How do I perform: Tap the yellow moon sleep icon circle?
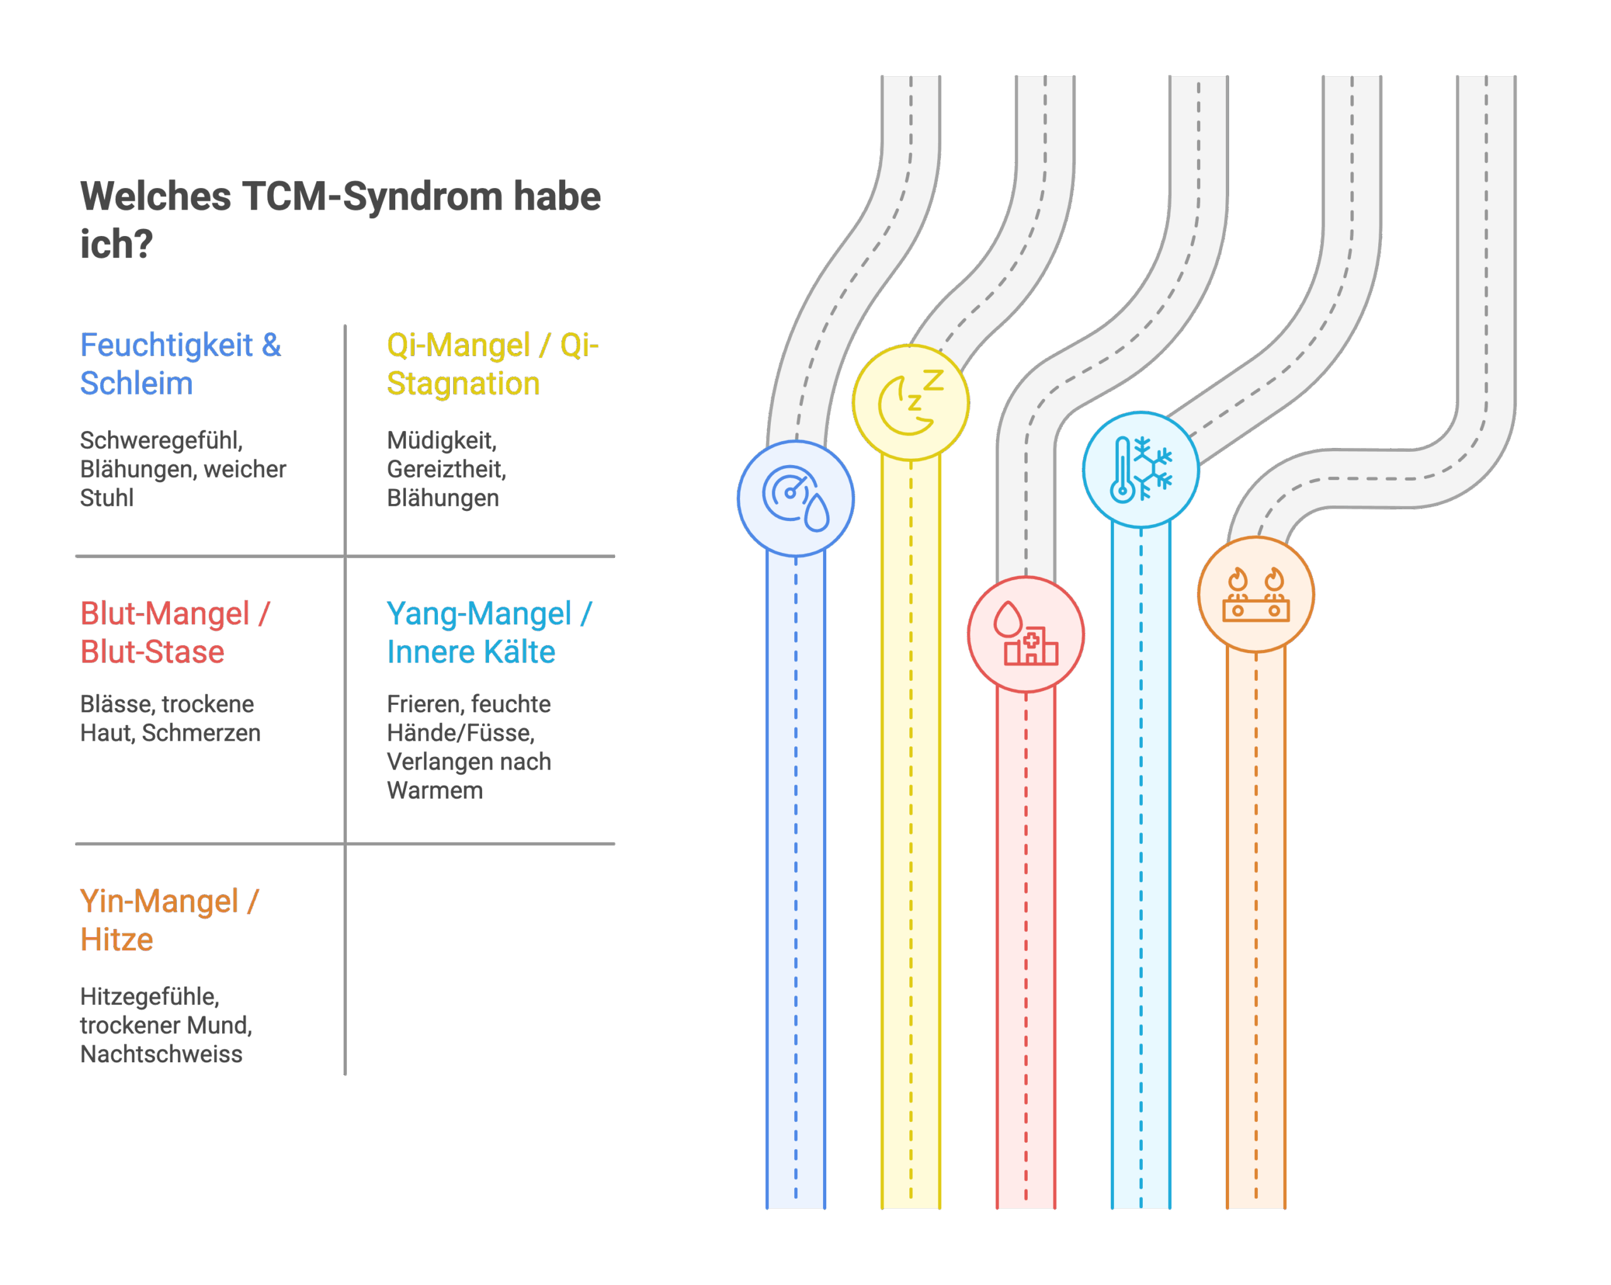[x=910, y=403]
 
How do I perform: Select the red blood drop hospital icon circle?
[x=1025, y=634]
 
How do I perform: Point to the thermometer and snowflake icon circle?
[x=1140, y=469]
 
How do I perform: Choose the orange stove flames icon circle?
[x=1255, y=595]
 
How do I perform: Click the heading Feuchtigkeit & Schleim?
[x=180, y=364]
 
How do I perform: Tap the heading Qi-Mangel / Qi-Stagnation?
[x=491, y=364]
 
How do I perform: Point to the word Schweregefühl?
[x=161, y=440]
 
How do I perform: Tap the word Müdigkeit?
[x=442, y=440]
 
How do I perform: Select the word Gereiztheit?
[x=446, y=469]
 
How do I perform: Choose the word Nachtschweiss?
[x=161, y=1054]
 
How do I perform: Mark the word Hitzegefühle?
[x=149, y=996]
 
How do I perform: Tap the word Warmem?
[x=435, y=790]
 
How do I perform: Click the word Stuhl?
[x=106, y=498]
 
